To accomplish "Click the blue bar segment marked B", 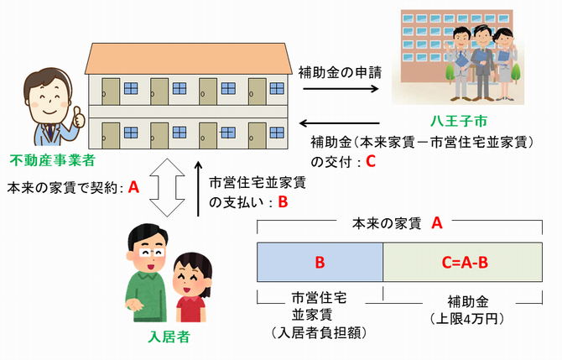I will pyautogui.click(x=320, y=263).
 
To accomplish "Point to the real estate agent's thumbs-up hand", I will pyautogui.click(x=79, y=117).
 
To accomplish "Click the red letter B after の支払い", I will pyautogui.click(x=283, y=201).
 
